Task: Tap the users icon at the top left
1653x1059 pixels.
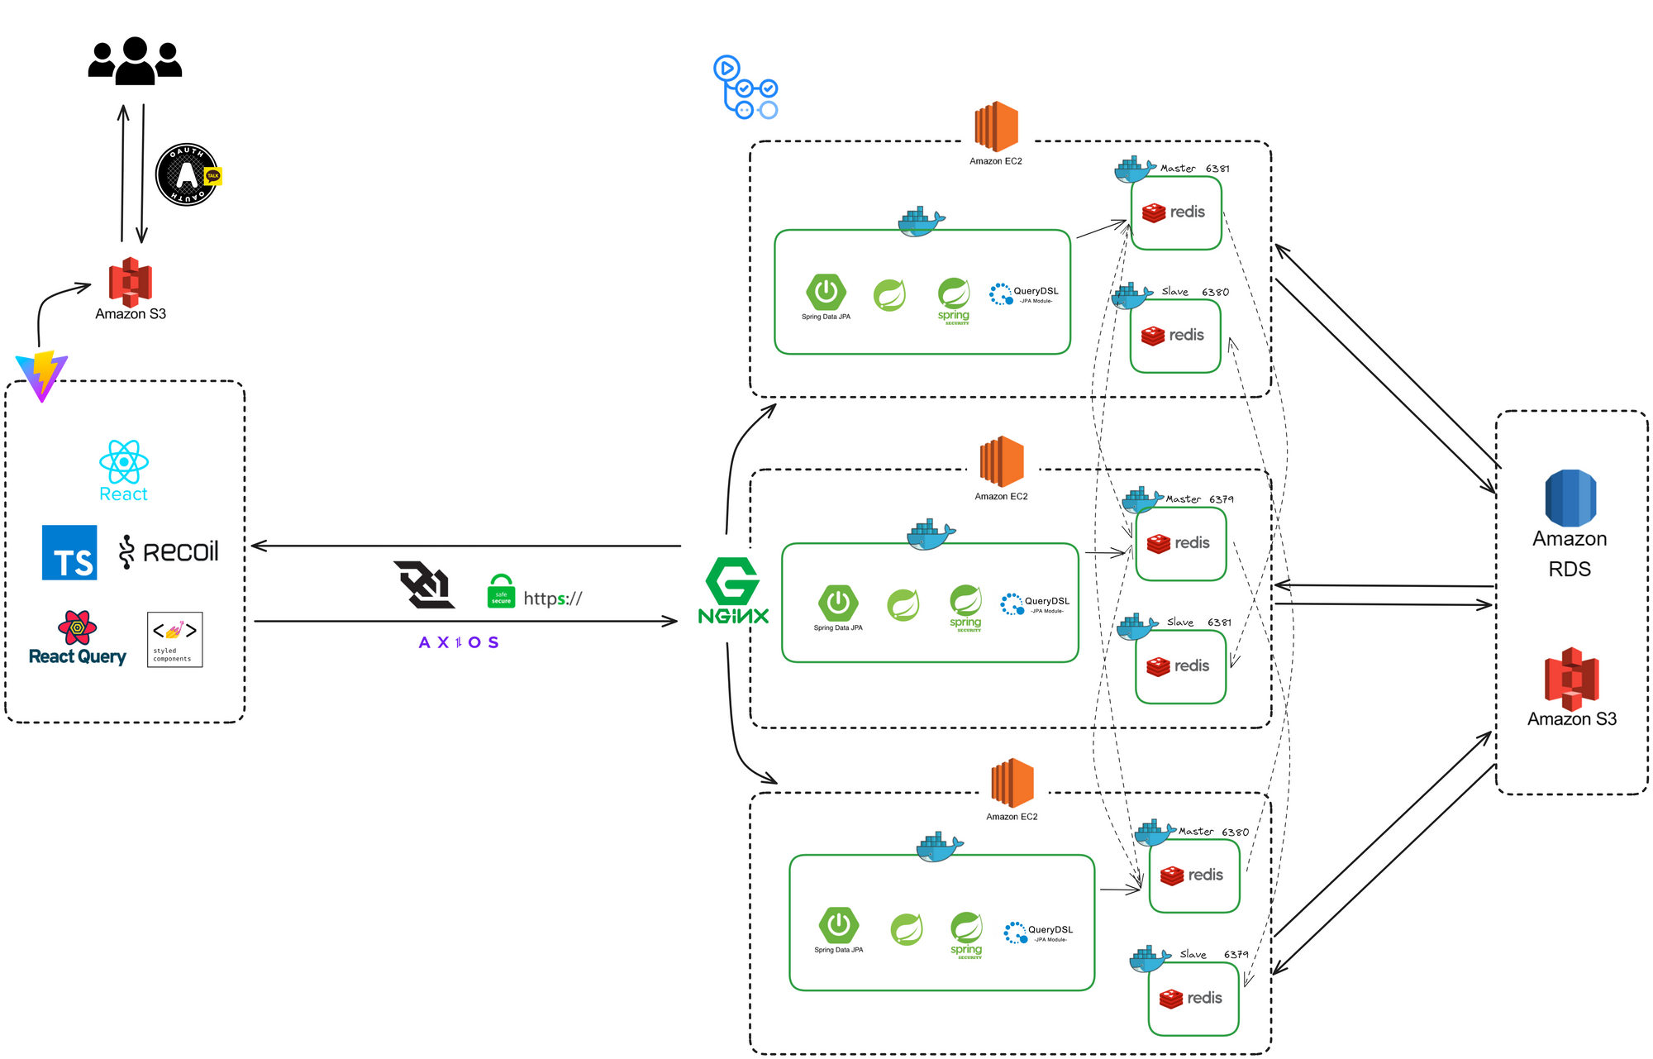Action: [x=135, y=61]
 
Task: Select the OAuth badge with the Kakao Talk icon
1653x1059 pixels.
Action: [x=188, y=174]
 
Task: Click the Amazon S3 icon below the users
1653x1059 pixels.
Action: [x=131, y=282]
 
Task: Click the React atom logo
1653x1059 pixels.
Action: [x=124, y=462]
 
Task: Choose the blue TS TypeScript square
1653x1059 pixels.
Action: [x=69, y=552]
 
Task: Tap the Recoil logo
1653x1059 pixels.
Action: [x=169, y=552]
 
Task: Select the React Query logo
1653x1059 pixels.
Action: [x=77, y=638]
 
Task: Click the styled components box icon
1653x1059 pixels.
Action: [x=174, y=639]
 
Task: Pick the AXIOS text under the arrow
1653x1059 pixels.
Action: [x=459, y=642]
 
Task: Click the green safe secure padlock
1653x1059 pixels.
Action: [x=501, y=591]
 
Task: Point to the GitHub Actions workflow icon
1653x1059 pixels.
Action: [x=745, y=88]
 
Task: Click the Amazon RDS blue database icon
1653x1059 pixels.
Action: [x=1570, y=498]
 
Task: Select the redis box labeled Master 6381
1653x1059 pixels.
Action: [x=1175, y=213]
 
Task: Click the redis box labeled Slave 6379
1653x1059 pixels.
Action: [x=1193, y=999]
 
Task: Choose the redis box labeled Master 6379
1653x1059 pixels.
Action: [x=1180, y=544]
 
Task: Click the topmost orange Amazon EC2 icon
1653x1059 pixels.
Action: [x=996, y=126]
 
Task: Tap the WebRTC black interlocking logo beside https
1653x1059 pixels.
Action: [x=424, y=584]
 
